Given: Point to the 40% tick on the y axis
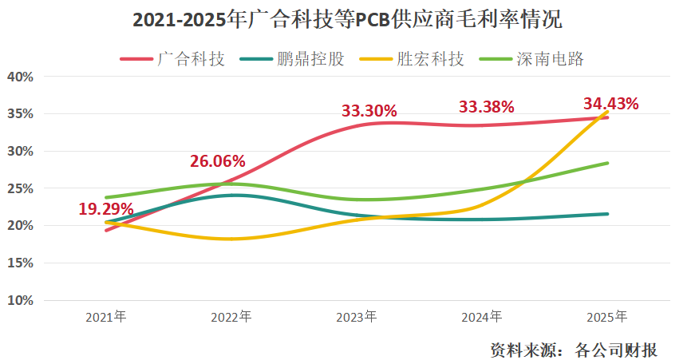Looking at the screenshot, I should (19, 77).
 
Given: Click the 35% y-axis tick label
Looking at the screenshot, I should (19, 114).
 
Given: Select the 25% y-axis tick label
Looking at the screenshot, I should (19, 188).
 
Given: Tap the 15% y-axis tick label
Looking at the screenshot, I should (19, 263).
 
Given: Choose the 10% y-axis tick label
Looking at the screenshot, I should (19, 300).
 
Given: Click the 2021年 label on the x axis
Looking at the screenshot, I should (106, 317).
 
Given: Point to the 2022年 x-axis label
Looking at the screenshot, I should (231, 317).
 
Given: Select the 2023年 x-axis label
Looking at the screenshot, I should (357, 317).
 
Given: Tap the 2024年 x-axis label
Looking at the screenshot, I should (482, 317).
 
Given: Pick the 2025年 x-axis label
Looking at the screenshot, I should (607, 317).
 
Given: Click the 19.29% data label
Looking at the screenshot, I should (106, 210).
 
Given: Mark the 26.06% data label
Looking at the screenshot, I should (217, 161).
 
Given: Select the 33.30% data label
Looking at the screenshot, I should (369, 111).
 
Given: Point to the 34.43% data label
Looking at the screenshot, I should (611, 103).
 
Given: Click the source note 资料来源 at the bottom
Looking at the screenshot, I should (574, 350).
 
